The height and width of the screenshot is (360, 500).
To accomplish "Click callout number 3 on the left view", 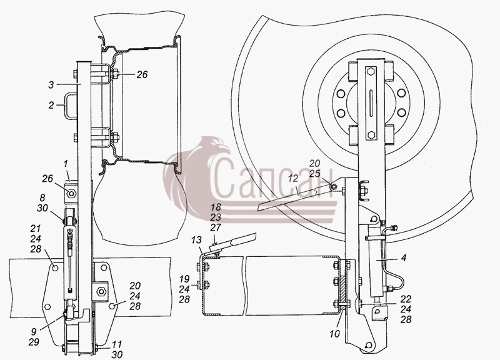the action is [x=51, y=85].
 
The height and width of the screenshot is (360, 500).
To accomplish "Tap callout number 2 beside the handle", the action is [x=51, y=105].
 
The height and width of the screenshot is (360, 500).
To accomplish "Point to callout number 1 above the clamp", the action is [x=66, y=164].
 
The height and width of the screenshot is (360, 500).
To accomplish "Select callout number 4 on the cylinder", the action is [x=404, y=257].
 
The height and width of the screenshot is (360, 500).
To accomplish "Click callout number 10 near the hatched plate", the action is [x=335, y=334].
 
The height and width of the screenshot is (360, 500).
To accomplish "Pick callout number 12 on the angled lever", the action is [x=292, y=179].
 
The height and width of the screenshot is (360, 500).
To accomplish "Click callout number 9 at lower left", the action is [x=34, y=331].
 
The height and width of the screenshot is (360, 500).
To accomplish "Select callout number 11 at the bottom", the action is [x=117, y=344].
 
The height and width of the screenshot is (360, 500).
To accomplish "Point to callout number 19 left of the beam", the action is [x=184, y=279].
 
